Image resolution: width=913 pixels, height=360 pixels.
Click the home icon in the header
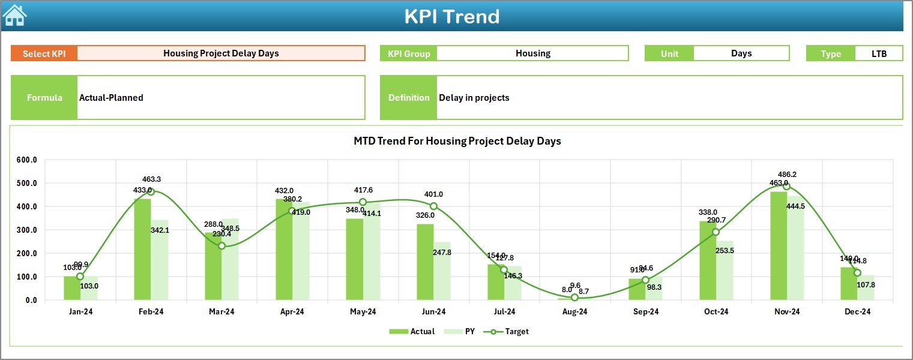(x=14, y=15)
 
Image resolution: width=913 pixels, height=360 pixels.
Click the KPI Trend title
(x=451, y=16)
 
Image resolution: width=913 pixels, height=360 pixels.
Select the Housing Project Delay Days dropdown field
(x=221, y=53)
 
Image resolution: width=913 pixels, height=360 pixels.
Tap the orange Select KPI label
(x=44, y=53)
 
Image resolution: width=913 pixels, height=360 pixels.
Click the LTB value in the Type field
(x=879, y=53)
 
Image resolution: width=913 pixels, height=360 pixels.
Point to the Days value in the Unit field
(x=741, y=53)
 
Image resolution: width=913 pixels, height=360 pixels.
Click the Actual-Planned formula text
(x=111, y=98)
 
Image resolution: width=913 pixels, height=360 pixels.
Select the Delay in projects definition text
(x=474, y=98)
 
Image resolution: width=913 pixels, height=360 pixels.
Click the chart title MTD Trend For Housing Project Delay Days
(x=457, y=141)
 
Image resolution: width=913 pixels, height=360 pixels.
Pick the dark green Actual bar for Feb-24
(x=142, y=249)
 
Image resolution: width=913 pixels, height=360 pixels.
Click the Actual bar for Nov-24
(x=778, y=246)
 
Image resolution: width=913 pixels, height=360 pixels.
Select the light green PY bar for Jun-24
(x=442, y=271)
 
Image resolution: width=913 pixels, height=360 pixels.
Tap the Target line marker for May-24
(x=363, y=202)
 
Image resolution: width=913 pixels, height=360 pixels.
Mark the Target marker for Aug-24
(x=574, y=298)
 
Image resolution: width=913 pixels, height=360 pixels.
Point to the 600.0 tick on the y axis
(x=26, y=160)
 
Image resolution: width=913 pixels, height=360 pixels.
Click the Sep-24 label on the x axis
(x=645, y=312)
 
